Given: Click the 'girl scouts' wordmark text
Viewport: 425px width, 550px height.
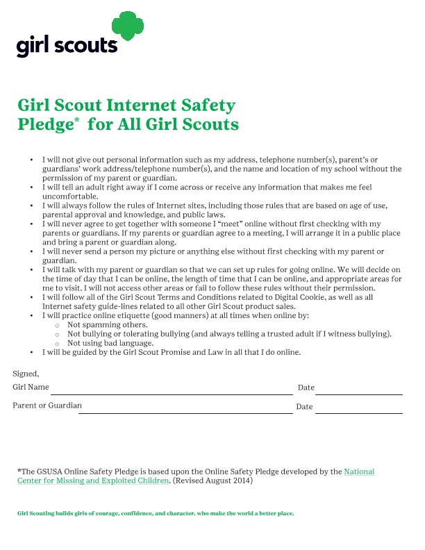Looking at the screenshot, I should (x=67, y=45).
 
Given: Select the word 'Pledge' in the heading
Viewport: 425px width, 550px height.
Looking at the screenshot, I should (x=45, y=125).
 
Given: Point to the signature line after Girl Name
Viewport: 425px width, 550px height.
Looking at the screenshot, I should (x=172, y=394).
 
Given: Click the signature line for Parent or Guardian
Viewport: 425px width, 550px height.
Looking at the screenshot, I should (x=185, y=412).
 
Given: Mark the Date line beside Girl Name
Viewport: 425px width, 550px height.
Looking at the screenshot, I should (x=358, y=394).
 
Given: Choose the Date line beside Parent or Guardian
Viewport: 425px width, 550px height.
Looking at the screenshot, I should (x=358, y=412).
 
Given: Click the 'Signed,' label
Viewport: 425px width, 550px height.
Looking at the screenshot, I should (x=26, y=374).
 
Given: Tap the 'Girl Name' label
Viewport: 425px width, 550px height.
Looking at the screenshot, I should (x=31, y=387).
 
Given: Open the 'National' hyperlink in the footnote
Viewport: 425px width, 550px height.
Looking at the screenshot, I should (x=359, y=472).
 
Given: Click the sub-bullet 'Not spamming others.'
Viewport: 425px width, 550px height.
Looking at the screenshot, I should (x=107, y=324).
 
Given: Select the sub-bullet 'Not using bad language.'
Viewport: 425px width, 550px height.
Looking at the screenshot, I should (x=110, y=343).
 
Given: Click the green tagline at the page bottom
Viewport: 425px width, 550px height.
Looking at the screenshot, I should (x=156, y=514).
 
